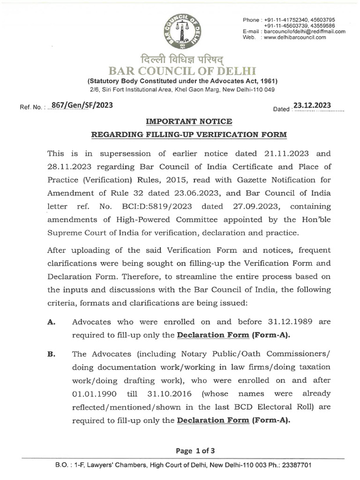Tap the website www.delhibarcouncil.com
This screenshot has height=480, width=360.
295,37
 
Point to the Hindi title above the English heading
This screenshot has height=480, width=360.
180,60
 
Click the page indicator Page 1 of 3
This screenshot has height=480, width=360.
195,451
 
